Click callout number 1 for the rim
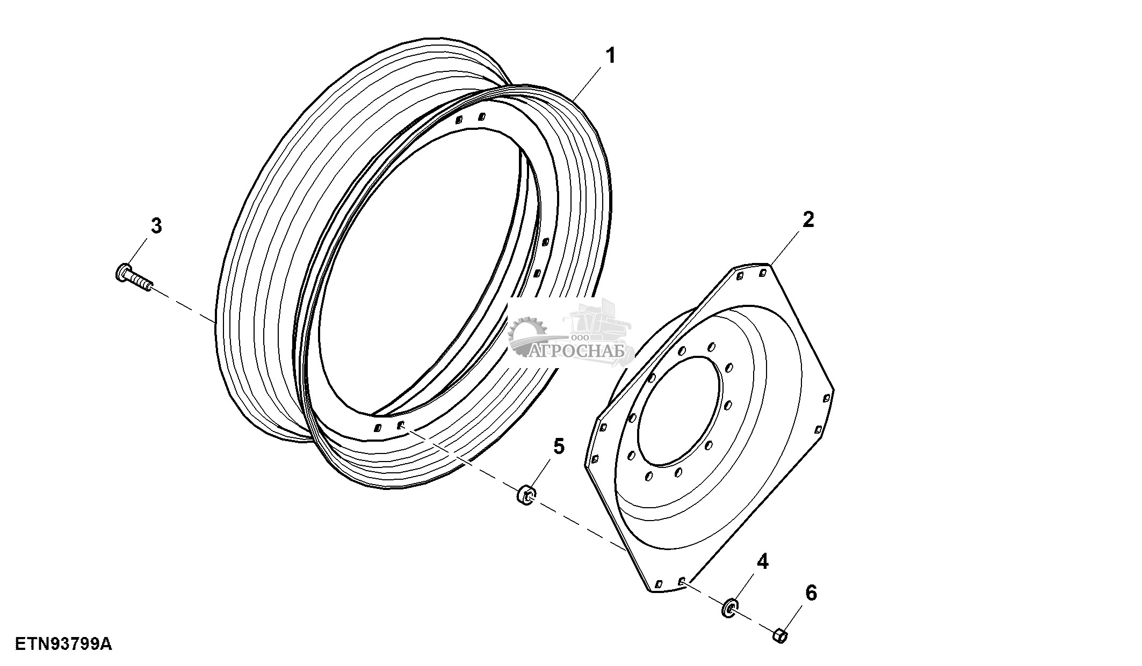click(x=610, y=56)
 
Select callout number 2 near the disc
click(x=808, y=219)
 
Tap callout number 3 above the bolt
click(x=156, y=226)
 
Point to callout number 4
click(x=762, y=561)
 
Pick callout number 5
click(x=559, y=446)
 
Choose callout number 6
click(x=811, y=593)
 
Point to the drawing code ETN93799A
click(x=63, y=643)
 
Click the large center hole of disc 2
click(x=678, y=411)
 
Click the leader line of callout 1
click(x=587, y=82)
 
